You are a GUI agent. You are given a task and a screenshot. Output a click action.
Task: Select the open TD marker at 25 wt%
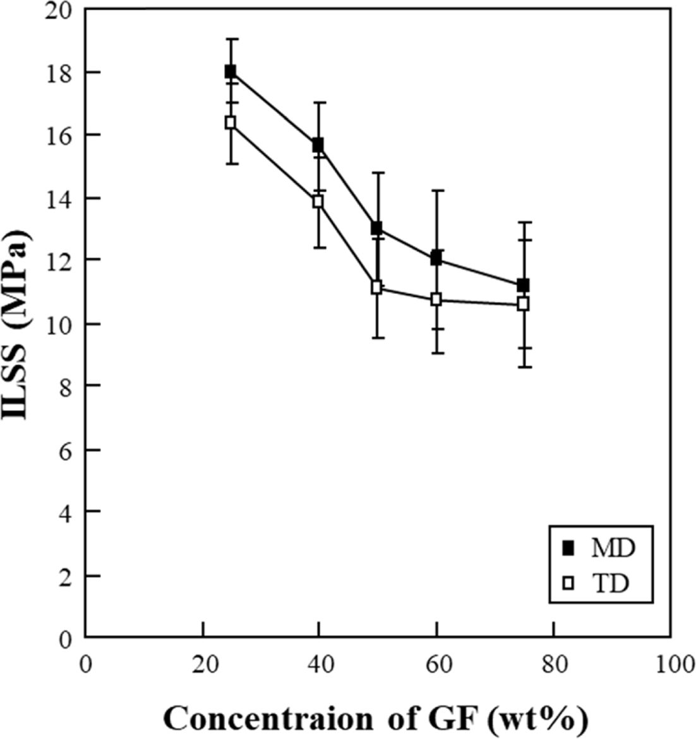click(x=231, y=123)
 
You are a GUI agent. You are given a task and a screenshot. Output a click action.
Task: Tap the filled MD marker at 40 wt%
click(x=318, y=145)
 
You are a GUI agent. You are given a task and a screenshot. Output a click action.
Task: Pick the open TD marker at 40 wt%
click(x=318, y=202)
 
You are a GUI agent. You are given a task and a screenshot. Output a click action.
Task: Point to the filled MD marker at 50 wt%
click(x=377, y=228)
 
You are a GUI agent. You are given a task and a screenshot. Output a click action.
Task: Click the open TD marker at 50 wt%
click(x=377, y=287)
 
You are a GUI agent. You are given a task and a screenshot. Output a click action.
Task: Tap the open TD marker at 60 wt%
click(x=436, y=300)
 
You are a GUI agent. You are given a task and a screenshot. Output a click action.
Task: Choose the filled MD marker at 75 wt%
click(x=523, y=285)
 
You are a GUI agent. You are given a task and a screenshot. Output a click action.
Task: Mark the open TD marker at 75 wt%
click(x=523, y=303)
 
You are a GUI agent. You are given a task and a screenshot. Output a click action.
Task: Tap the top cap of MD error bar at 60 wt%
click(x=436, y=190)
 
